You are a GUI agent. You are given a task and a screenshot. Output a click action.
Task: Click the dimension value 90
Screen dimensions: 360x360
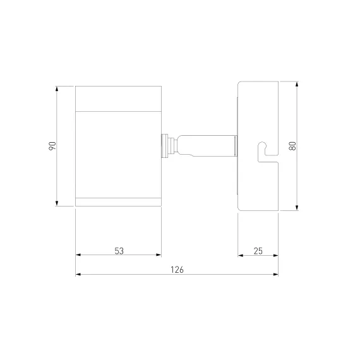tap(52, 146)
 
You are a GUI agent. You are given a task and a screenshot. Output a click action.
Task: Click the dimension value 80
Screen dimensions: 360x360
tap(292, 146)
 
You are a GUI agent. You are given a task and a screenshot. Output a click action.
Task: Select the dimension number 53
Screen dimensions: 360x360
tap(119, 251)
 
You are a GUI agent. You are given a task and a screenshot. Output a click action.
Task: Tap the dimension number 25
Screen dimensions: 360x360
tap(258, 251)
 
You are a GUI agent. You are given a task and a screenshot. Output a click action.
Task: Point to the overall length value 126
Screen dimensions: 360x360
tap(177, 270)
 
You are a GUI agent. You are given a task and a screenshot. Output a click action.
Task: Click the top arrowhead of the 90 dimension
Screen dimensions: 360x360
tap(57, 89)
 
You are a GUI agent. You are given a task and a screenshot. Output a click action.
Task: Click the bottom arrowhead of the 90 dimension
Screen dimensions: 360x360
tap(57, 203)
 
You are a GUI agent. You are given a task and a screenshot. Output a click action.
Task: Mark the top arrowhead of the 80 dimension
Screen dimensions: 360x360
tap(297, 84)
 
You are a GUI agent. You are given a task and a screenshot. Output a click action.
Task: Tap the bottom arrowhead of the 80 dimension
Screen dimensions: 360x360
tap(297, 208)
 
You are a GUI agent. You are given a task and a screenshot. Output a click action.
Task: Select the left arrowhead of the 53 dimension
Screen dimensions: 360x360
tap(78, 255)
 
